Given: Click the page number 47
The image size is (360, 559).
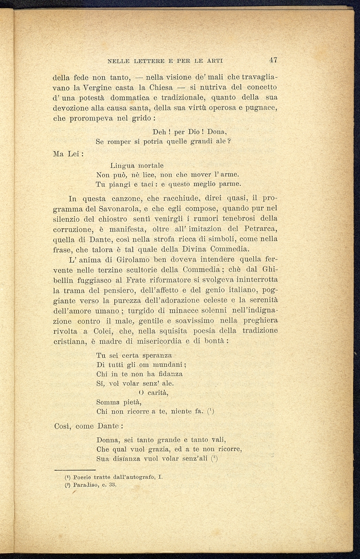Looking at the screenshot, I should click(x=273, y=60).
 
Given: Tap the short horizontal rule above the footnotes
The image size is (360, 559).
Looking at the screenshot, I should click(x=75, y=470).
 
